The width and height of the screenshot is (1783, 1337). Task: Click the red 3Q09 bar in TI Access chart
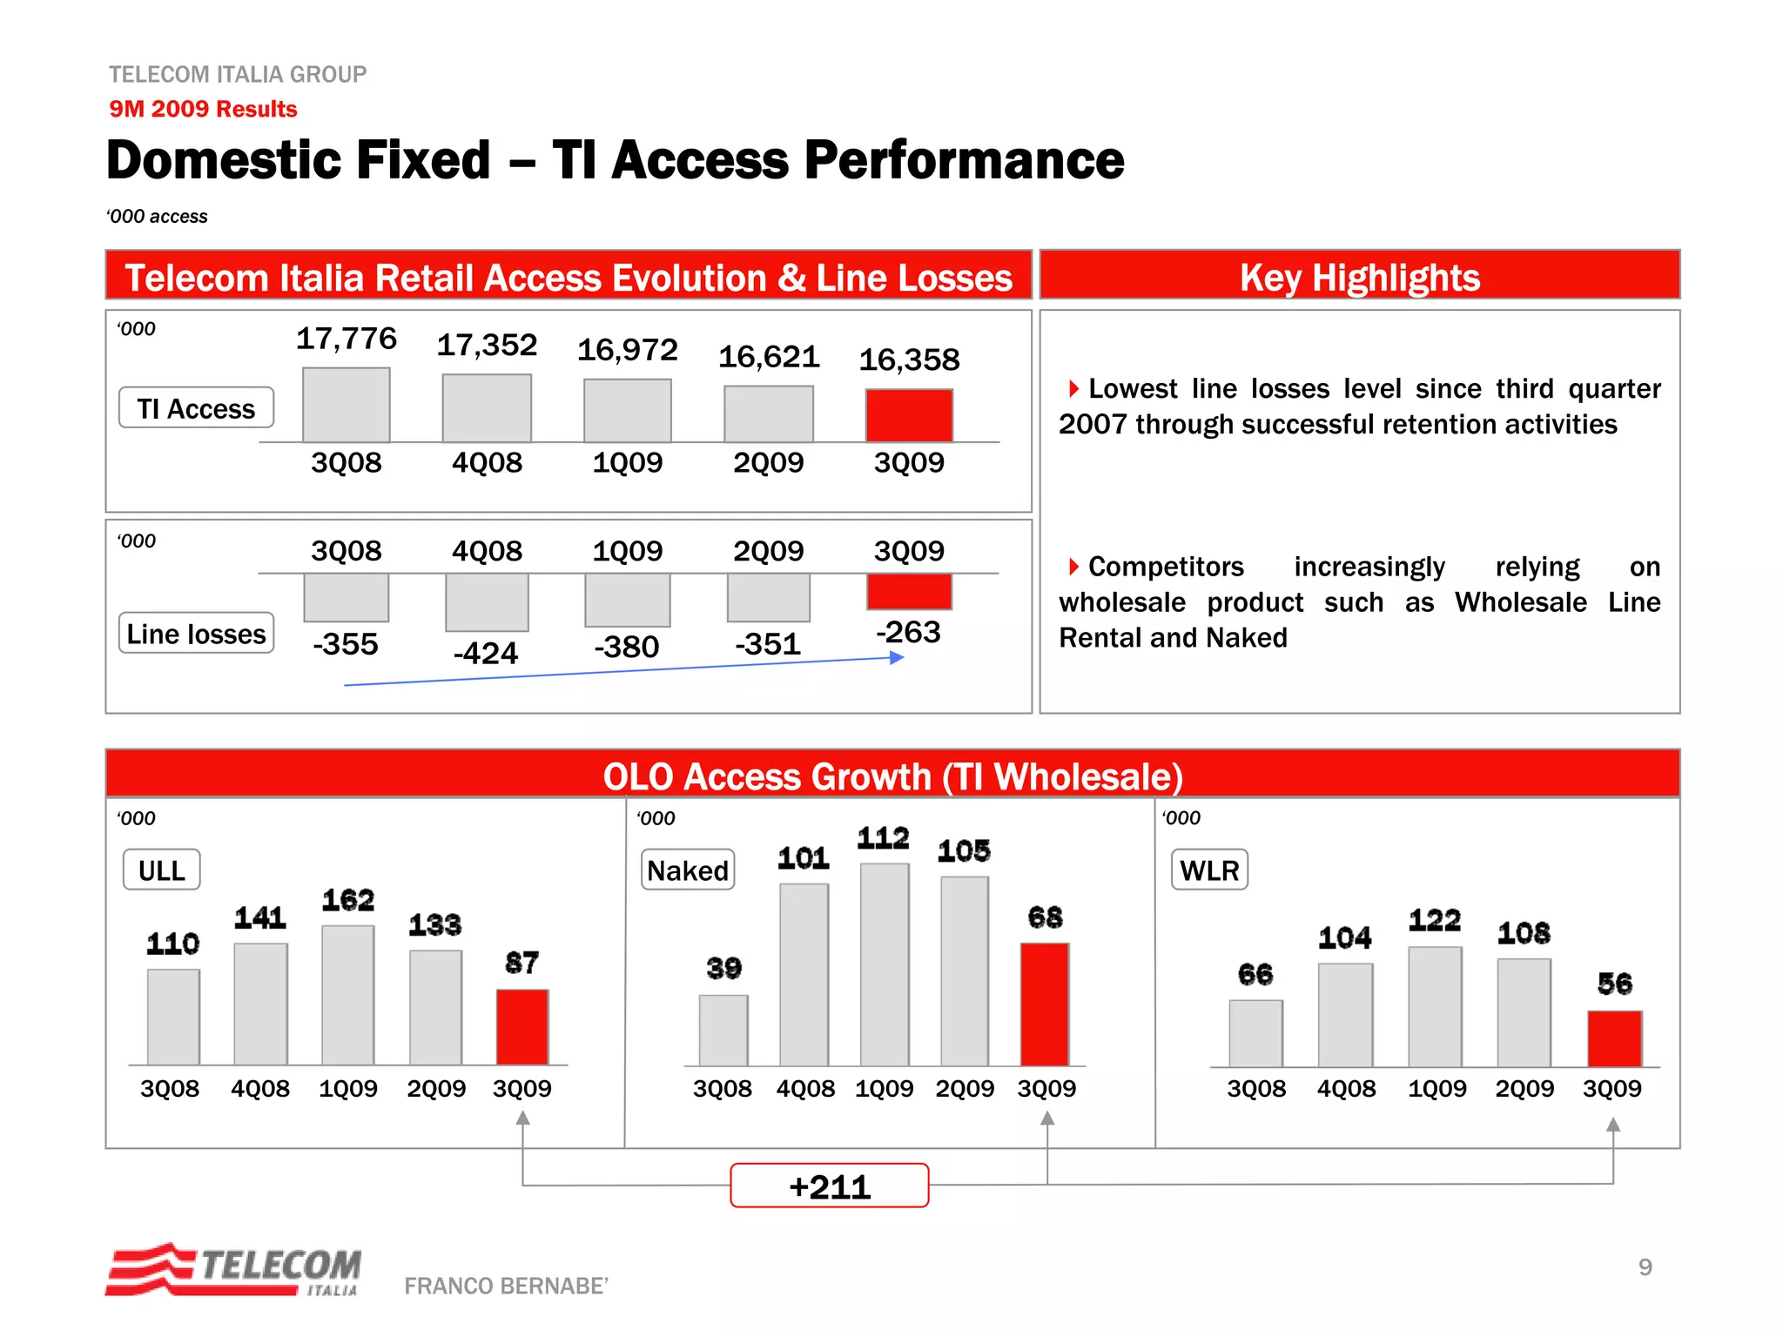tap(909, 415)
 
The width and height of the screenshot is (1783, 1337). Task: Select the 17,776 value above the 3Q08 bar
tap(347, 339)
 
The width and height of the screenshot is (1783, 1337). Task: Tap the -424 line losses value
tap(486, 653)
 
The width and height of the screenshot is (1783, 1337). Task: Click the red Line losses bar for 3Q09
tap(909, 591)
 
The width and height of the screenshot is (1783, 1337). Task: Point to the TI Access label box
tap(197, 408)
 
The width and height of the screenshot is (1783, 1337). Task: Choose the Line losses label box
tap(197, 634)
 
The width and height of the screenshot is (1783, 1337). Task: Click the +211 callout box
tap(829, 1186)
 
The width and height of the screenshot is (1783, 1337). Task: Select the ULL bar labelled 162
tap(348, 994)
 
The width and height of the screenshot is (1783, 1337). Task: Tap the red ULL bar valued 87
tap(522, 1027)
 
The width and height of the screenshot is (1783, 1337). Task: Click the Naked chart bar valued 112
tap(885, 964)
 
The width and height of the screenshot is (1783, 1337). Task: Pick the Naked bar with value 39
tap(723, 1031)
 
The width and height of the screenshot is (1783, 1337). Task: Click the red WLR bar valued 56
tap(1615, 1038)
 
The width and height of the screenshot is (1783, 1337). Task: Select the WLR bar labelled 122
tap(1436, 1006)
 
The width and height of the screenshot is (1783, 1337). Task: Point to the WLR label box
tap(1209, 870)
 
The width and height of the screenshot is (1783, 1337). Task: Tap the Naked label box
tap(688, 870)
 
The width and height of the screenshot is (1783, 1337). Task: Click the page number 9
tap(1645, 1267)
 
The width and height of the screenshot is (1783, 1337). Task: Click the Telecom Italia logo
tap(234, 1270)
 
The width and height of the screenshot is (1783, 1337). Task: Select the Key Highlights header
tap(1359, 277)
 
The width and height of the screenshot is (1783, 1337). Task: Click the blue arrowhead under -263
tap(897, 658)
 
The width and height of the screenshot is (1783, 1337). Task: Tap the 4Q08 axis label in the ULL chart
tap(260, 1088)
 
